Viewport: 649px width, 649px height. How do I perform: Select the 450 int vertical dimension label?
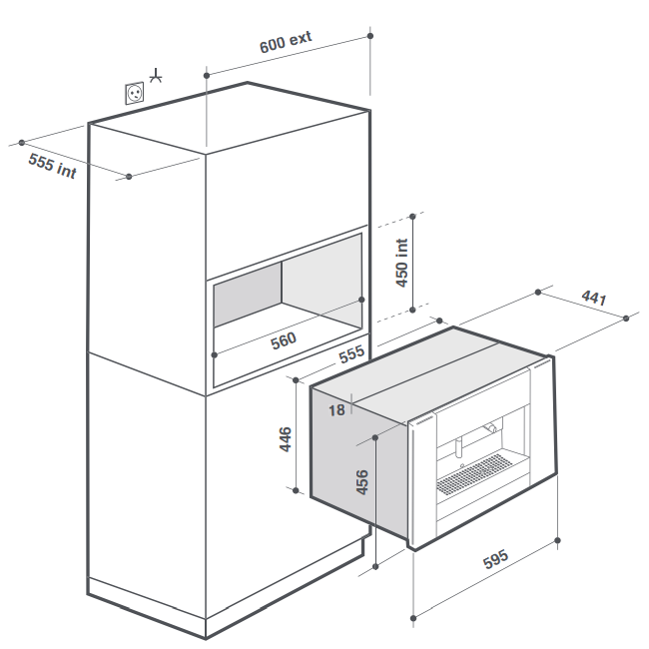(402, 263)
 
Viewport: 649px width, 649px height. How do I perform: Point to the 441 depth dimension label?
(593, 298)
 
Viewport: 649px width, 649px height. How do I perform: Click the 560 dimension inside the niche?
(285, 339)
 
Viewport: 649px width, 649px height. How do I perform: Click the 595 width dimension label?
(496, 561)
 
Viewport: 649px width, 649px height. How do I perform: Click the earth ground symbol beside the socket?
(155, 75)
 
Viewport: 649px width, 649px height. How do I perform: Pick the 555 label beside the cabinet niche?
(350, 355)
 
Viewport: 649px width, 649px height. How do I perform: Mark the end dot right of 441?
(626, 318)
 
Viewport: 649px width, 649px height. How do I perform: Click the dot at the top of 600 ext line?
(370, 36)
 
